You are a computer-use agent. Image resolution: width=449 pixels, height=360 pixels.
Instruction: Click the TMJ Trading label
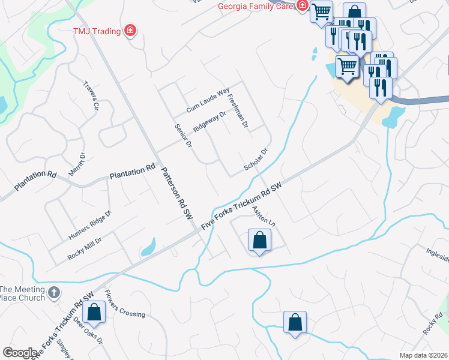tap(97, 31)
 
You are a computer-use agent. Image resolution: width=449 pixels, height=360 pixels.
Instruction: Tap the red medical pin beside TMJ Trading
tap(130, 30)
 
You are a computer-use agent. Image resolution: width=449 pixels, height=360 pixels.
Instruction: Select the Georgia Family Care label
tap(256, 7)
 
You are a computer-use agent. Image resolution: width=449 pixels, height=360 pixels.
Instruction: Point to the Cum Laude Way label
tap(208, 100)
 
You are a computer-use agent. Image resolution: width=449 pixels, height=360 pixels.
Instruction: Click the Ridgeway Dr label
tap(209, 122)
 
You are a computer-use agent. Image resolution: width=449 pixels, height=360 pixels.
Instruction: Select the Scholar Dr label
tap(255, 160)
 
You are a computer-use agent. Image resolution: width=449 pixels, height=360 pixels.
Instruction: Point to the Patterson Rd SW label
tap(176, 191)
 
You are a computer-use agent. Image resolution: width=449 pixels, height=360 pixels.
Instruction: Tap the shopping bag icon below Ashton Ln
tap(259, 241)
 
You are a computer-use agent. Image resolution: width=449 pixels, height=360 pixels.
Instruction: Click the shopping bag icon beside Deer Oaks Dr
tap(94, 312)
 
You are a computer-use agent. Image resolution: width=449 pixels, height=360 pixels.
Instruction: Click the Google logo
tap(20, 353)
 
